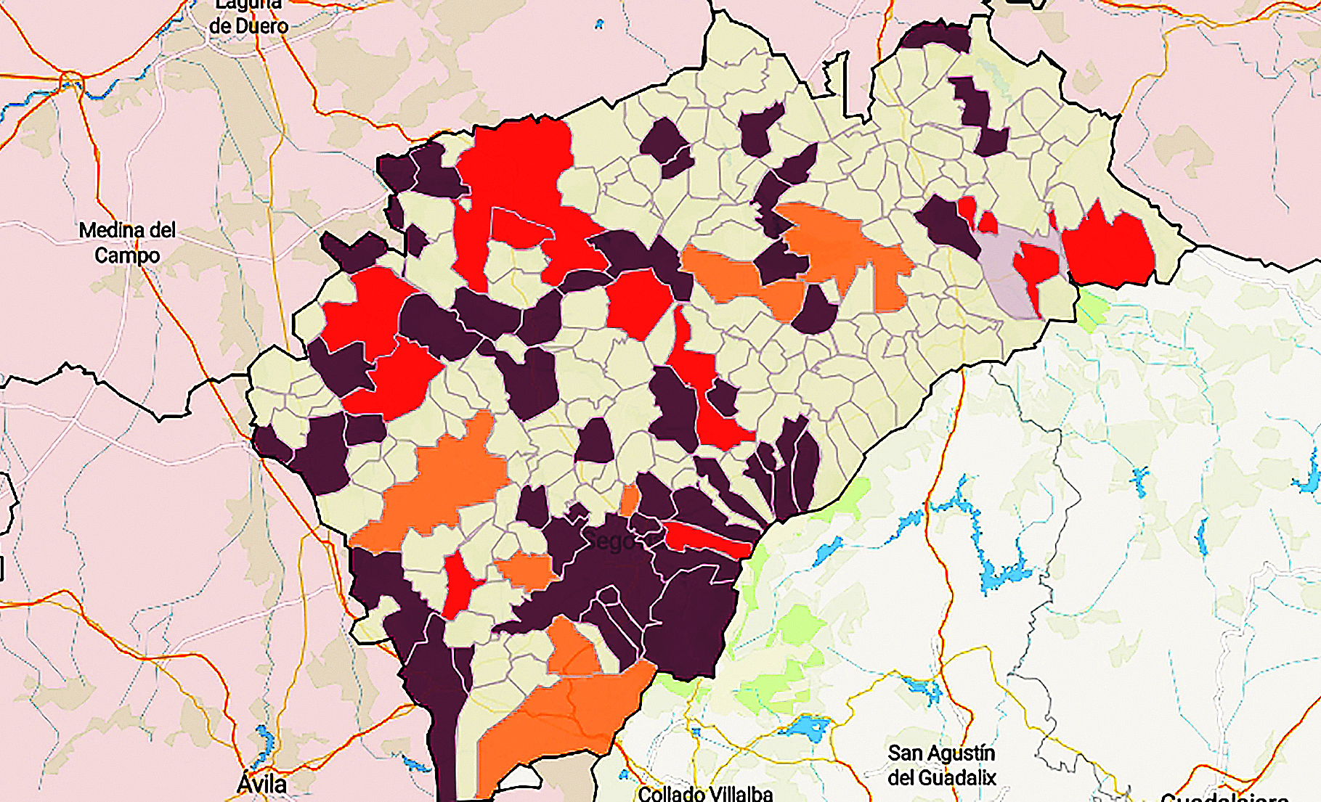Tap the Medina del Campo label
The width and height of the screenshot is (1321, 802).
point(127,242)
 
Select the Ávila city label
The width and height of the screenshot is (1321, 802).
point(261,784)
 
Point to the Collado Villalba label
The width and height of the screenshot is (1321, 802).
point(705,793)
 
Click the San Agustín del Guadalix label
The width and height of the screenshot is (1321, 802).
point(942,765)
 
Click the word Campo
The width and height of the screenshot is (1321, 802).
point(127,255)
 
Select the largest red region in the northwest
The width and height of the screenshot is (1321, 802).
point(519,189)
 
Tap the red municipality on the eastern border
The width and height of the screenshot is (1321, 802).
point(1107,247)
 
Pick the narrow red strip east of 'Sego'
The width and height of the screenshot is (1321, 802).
point(708,539)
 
